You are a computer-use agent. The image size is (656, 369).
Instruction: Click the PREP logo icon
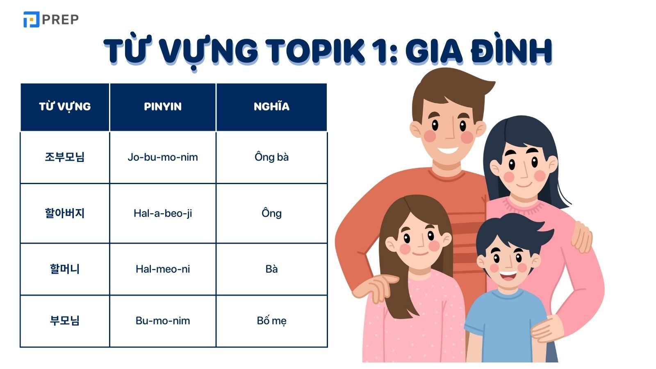pos(31,19)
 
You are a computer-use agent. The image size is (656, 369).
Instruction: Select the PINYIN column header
pos(163,107)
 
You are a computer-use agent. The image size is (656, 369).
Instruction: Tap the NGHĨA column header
pos(271,107)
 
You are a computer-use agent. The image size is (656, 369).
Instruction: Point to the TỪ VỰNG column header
pos(65,107)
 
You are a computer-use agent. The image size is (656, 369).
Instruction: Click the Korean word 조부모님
pos(65,157)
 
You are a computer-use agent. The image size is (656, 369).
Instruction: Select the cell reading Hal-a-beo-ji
pos(163,213)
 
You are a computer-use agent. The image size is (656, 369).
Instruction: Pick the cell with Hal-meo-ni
pos(163,269)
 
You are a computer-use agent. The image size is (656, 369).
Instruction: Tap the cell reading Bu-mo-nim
pos(163,321)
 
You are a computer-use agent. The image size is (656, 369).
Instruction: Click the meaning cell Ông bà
pos(271,157)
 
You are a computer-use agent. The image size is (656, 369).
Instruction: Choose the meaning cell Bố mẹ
pos(271,321)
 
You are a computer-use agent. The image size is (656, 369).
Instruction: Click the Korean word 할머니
pos(65,269)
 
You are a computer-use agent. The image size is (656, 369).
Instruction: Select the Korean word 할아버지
pos(65,213)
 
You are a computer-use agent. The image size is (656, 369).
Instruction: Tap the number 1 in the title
pos(381,51)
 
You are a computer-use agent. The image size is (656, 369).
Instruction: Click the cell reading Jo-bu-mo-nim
pos(163,157)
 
